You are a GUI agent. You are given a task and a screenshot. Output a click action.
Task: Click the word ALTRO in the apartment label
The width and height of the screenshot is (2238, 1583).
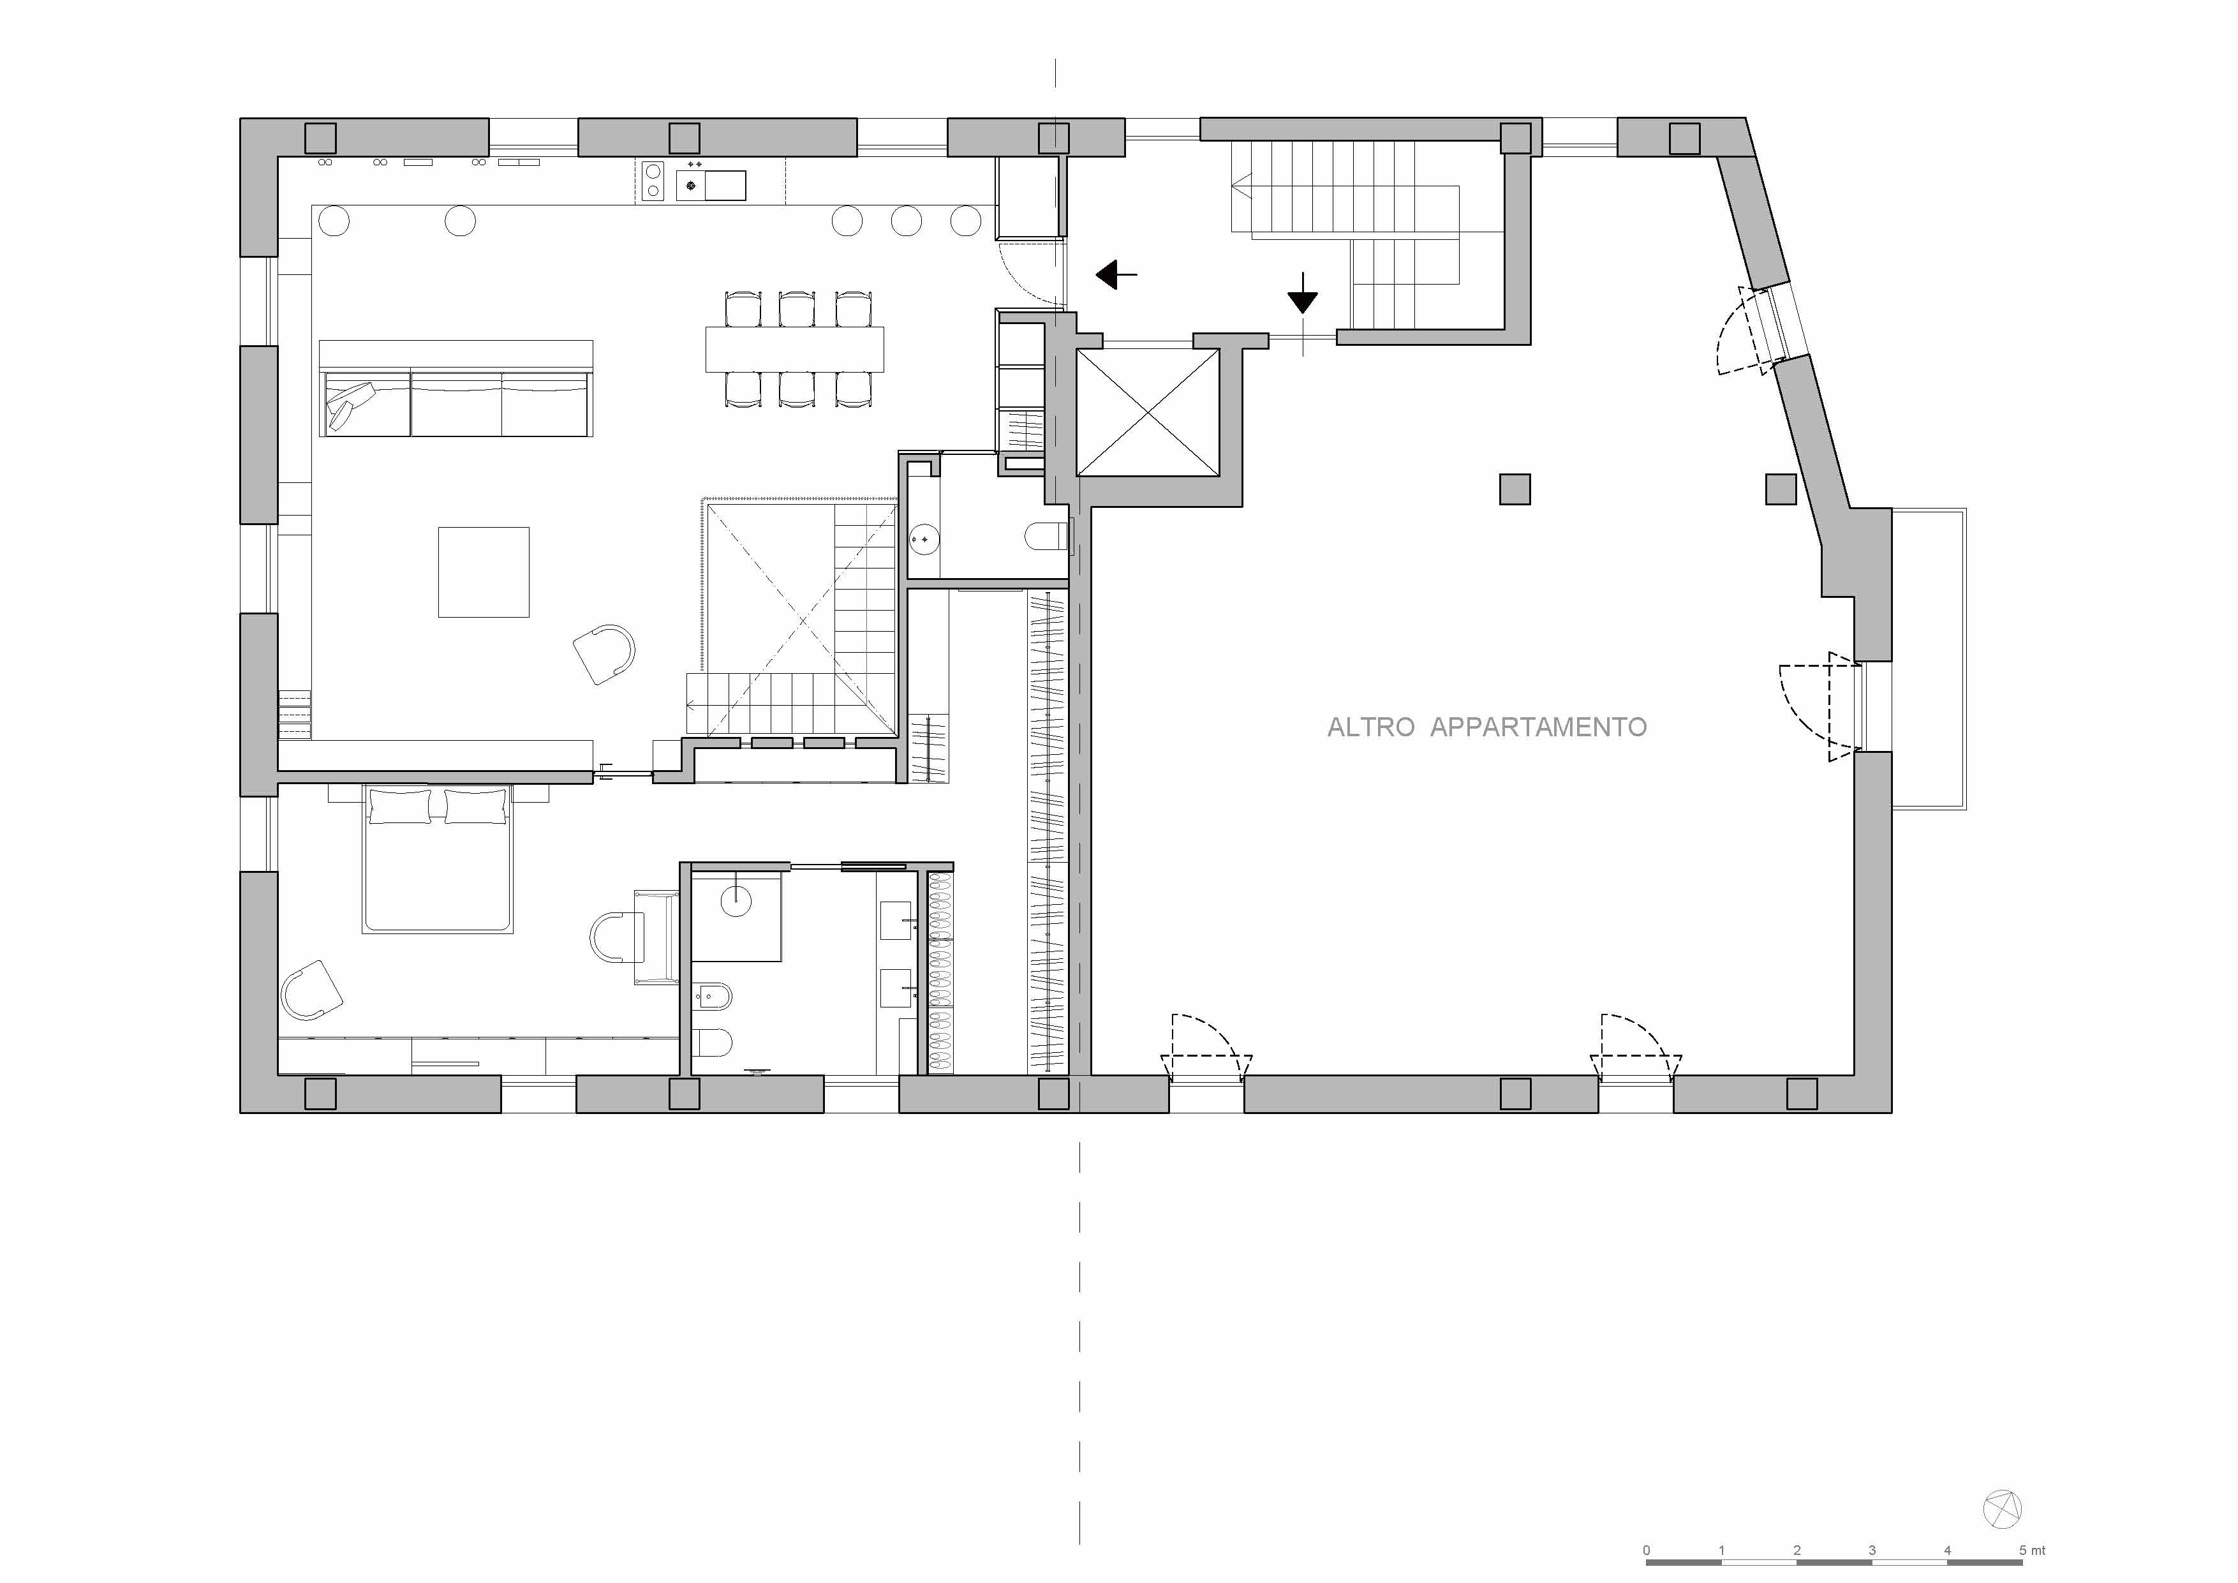pos(1370,727)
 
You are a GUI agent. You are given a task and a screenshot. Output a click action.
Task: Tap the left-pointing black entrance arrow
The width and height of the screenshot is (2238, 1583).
pos(1116,275)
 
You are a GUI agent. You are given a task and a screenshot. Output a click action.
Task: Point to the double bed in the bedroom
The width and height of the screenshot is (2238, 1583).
pos(438,858)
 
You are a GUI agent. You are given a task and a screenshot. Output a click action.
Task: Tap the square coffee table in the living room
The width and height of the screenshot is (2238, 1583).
pos(484,572)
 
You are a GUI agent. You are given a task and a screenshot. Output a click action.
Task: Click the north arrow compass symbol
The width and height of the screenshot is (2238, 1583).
pos(2002,1510)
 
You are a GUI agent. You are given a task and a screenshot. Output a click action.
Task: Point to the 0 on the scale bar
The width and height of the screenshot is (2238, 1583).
pos(1647,1550)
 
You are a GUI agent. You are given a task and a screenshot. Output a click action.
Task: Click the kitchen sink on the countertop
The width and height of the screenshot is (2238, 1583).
pos(724,185)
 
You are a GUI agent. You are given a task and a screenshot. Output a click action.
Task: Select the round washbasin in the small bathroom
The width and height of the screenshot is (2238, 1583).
pos(924,538)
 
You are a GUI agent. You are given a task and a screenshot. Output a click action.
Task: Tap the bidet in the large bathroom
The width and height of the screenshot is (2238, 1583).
pos(713,995)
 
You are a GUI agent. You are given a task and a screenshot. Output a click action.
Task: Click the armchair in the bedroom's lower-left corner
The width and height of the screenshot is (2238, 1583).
pos(312,990)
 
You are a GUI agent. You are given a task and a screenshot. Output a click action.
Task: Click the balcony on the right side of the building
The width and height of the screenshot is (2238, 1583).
pos(1928,659)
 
